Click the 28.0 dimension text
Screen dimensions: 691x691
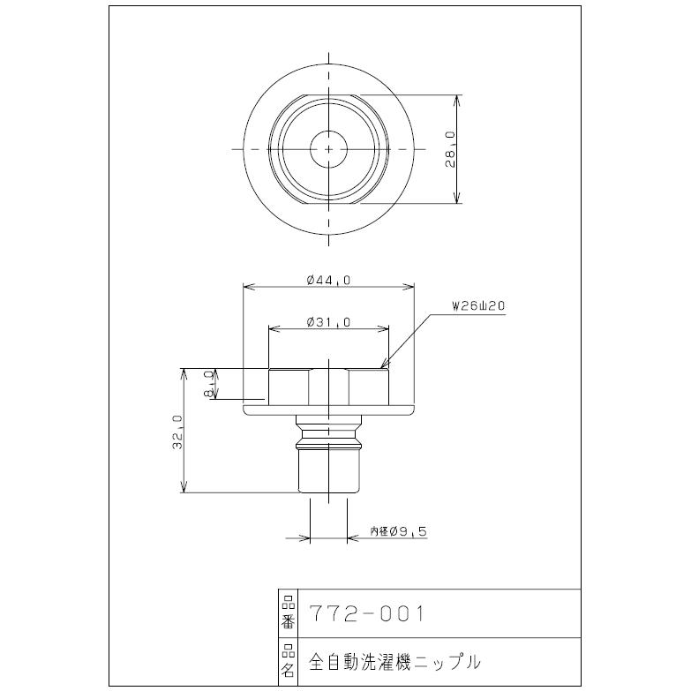[450, 149]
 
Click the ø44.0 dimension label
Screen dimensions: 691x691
[329, 280]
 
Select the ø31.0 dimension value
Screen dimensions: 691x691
[328, 322]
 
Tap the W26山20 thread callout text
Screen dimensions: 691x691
[477, 306]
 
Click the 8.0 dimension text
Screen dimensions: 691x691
[209, 385]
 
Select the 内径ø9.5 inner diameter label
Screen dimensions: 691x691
[399, 531]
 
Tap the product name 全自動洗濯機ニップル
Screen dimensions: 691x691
[394, 659]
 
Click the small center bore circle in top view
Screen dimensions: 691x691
[329, 149]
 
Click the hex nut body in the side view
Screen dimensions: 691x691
[328, 385]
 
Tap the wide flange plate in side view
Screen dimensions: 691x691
[328, 408]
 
